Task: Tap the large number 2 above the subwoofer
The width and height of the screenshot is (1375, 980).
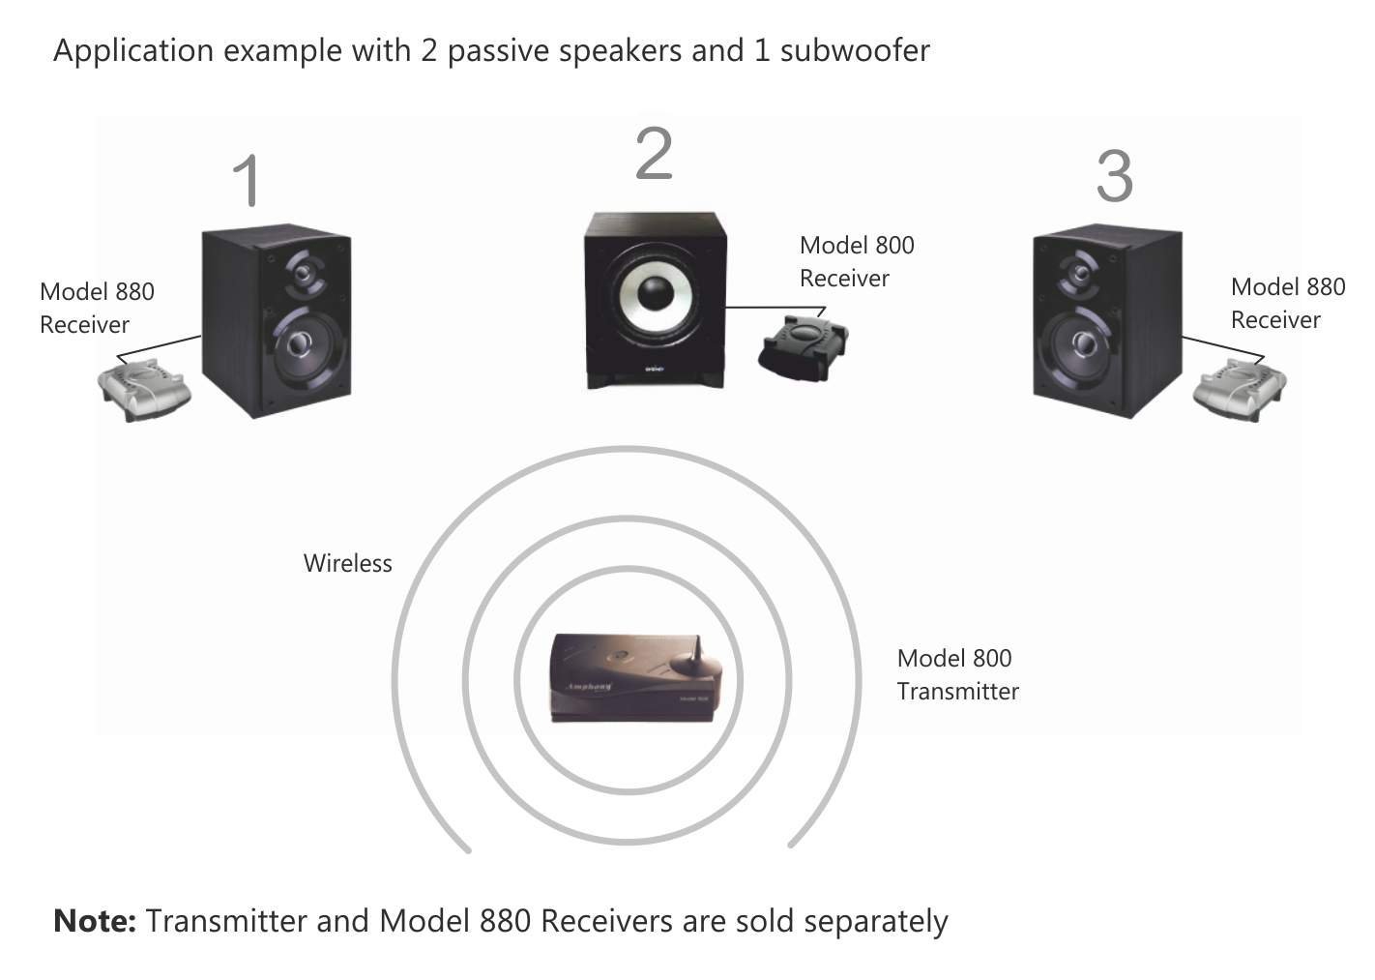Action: click(x=654, y=154)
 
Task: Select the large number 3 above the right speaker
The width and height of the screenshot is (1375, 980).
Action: click(x=1114, y=176)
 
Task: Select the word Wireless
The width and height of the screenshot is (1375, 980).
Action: click(x=347, y=563)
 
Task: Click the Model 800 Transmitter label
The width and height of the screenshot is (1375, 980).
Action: click(x=956, y=674)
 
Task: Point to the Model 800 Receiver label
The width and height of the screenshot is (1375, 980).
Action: click(x=856, y=261)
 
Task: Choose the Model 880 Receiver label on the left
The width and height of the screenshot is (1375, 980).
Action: click(x=97, y=308)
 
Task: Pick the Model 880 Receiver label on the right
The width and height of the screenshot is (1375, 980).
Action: click(x=1287, y=303)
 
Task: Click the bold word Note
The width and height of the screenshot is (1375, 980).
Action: click(x=94, y=921)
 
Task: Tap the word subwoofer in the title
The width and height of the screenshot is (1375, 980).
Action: click(x=855, y=50)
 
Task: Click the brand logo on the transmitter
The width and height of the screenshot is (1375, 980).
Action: click(x=588, y=685)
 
